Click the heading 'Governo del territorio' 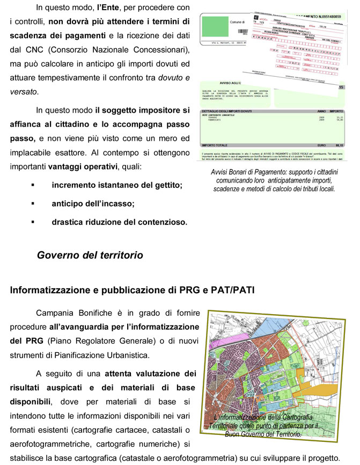pyautogui.click(x=90, y=256)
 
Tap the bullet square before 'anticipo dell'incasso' pyautogui.click(x=33, y=204)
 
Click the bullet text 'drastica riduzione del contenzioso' pyautogui.click(x=119, y=221)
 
